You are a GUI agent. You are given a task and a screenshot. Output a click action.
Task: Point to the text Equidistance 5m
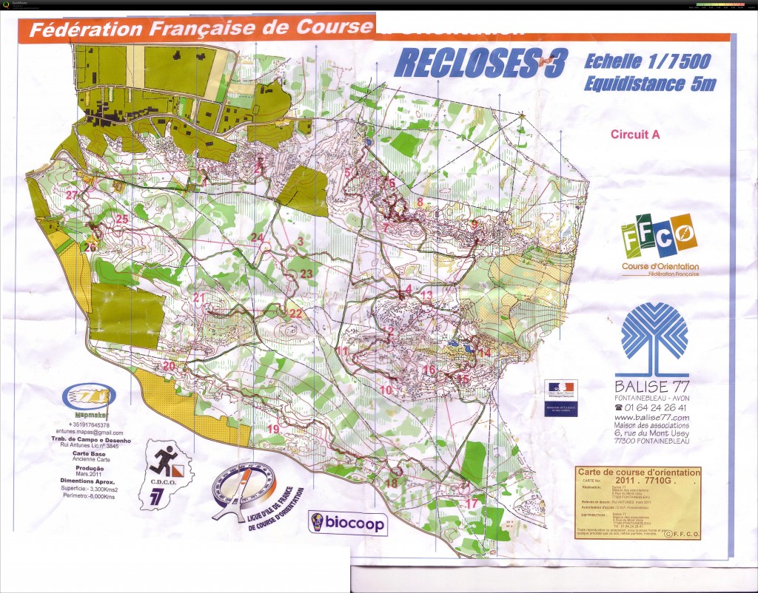coord(649,84)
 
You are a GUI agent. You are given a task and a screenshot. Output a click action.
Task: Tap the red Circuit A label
coord(635,135)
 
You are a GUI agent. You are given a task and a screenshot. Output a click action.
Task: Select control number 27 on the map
coord(71,195)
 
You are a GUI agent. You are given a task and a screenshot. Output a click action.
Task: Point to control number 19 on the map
coord(273,429)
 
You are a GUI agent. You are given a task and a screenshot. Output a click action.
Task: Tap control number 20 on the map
coord(169,366)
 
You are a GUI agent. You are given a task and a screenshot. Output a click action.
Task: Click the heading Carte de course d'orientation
coord(637,472)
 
